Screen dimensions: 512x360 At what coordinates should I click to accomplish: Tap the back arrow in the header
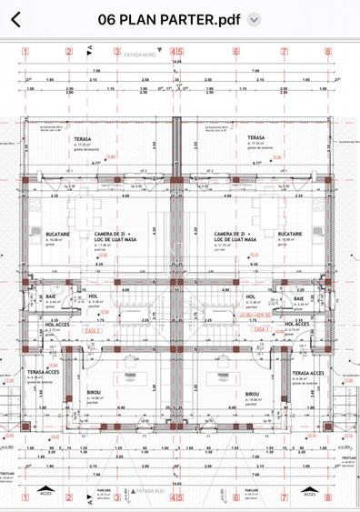pyautogui.click(x=15, y=19)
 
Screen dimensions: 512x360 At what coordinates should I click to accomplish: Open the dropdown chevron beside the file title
pyautogui.click(x=255, y=19)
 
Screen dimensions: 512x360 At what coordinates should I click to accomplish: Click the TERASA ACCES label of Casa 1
pyautogui.click(x=309, y=373)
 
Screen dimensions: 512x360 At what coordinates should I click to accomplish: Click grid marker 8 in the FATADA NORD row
pyautogui.click(x=329, y=52)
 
